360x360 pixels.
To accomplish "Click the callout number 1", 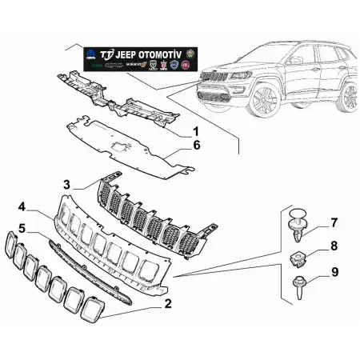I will tap(195, 130).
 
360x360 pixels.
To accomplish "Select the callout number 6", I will tap(195, 146).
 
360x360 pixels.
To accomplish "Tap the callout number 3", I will tap(68, 185).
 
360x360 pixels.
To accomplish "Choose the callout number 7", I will tap(334, 222).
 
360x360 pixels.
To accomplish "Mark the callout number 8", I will tap(334, 246).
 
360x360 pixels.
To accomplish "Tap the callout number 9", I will tap(334, 273).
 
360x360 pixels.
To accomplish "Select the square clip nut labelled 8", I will tap(298, 257).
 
